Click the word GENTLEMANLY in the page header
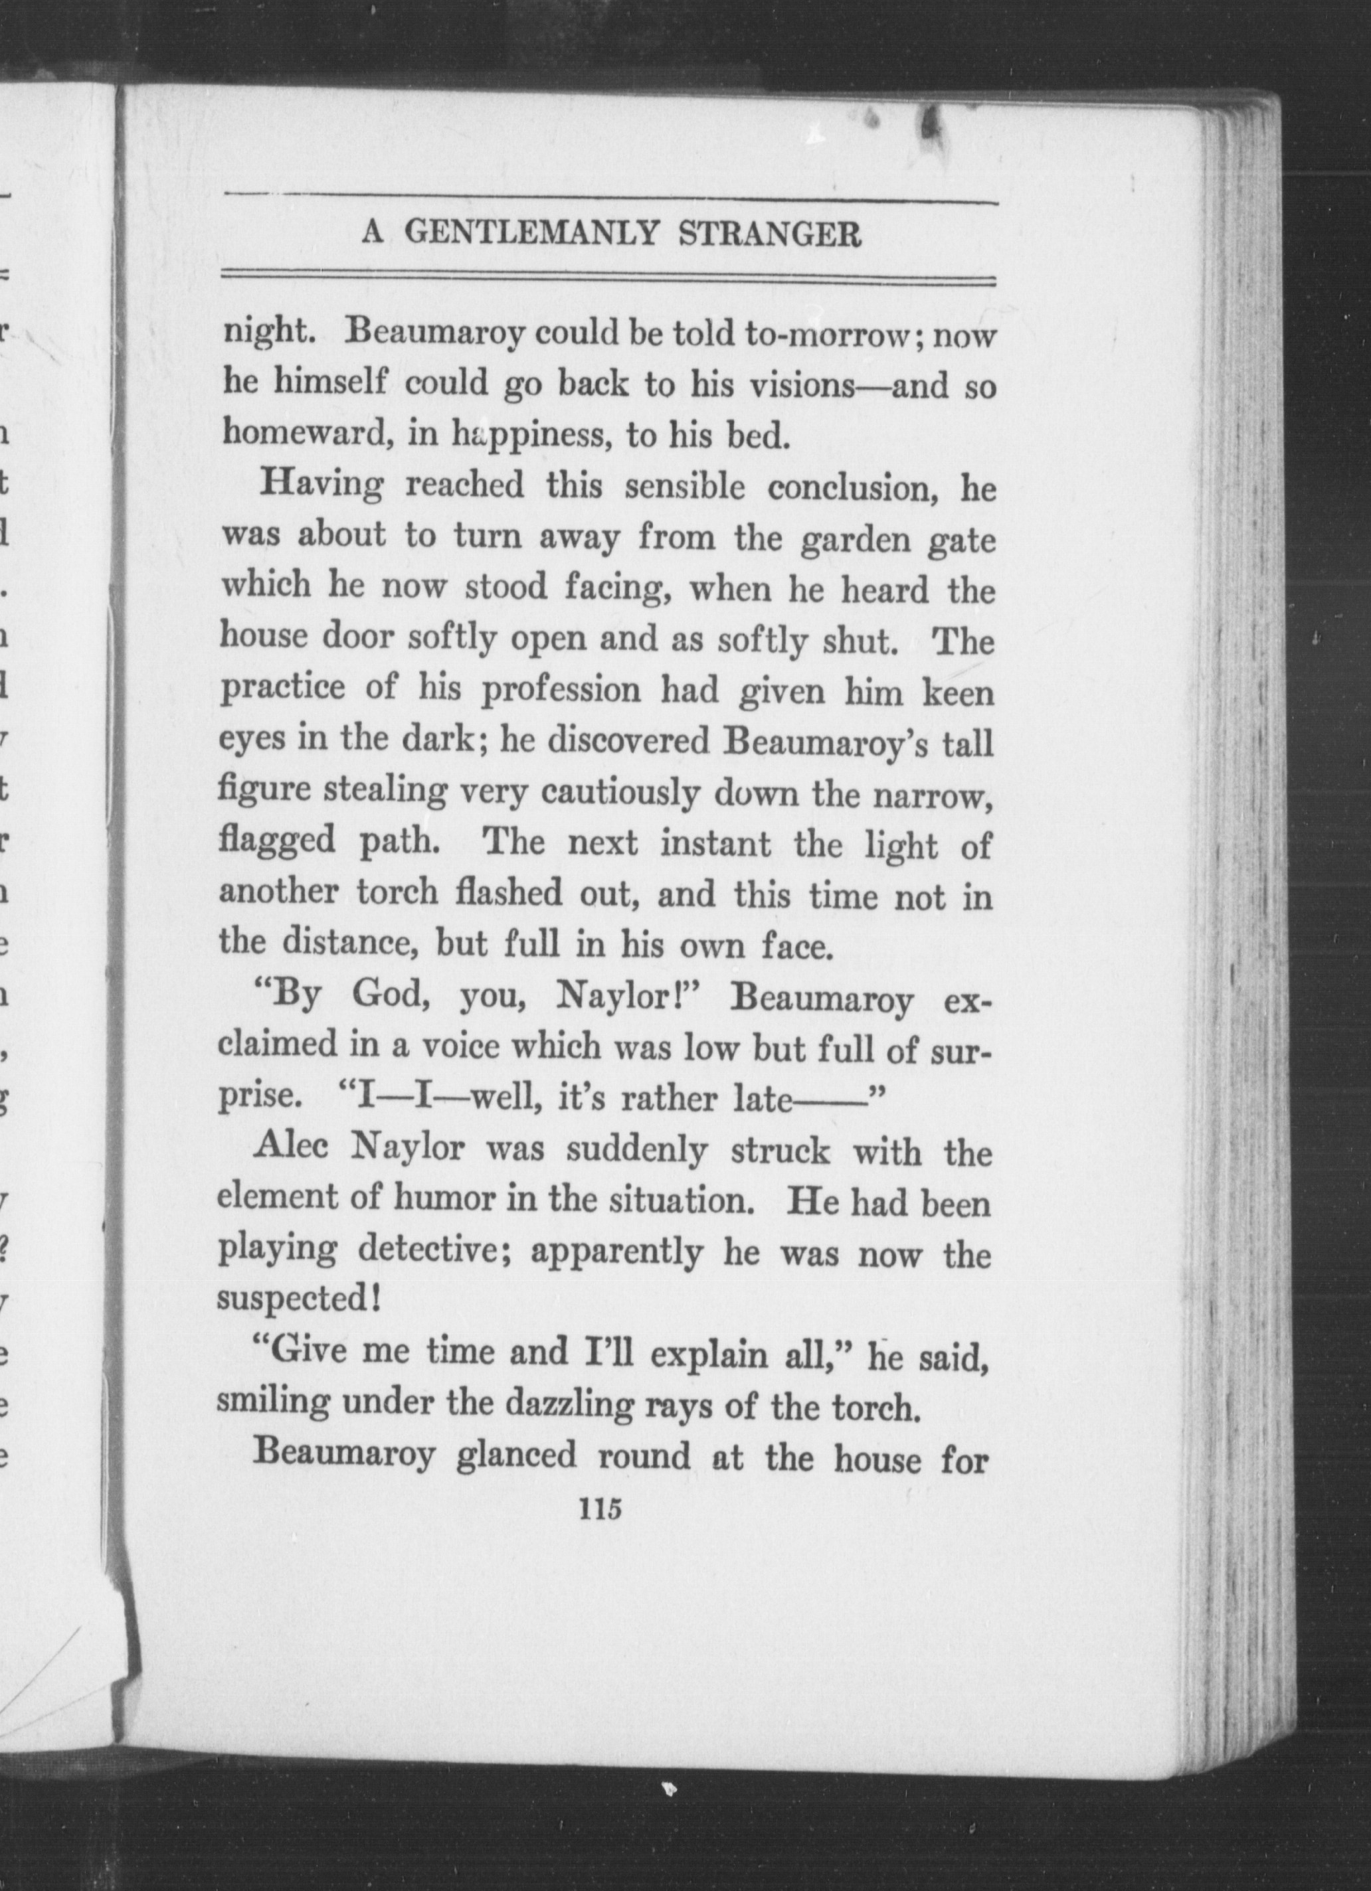coord(534,234)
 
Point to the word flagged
coord(276,842)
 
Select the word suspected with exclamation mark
coord(298,1300)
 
